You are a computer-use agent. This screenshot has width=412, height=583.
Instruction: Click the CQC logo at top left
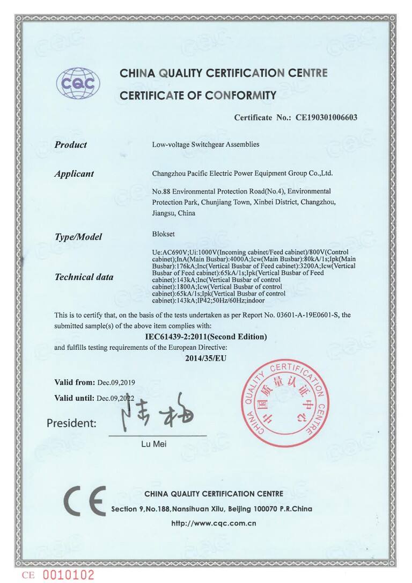(78, 83)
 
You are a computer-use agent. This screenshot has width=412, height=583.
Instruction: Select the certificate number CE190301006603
(326, 117)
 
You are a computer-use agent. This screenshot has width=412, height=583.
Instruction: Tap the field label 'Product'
(70, 145)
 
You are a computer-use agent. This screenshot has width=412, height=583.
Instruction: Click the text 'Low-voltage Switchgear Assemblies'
(206, 145)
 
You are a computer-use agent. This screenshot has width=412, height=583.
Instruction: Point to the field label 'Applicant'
(74, 174)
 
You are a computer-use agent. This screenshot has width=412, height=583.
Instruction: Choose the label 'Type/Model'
(78, 236)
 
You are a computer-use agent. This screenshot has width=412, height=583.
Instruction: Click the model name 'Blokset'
(164, 234)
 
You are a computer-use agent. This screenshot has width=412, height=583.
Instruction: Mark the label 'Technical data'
(84, 277)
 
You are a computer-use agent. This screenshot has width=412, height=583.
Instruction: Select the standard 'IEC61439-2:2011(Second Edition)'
(206, 337)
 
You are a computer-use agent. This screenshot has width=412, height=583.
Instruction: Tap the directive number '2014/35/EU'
(206, 358)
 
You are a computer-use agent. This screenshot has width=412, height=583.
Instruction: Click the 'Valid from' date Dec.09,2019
(116, 383)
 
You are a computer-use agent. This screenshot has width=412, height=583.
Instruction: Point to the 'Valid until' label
(74, 398)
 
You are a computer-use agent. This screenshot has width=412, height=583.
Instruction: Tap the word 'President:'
(71, 423)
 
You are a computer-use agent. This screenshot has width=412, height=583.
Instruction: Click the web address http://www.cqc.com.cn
(214, 523)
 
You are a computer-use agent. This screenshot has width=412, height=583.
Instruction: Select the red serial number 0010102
(68, 575)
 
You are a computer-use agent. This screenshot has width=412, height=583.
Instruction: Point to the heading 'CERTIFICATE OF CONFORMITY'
(198, 96)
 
